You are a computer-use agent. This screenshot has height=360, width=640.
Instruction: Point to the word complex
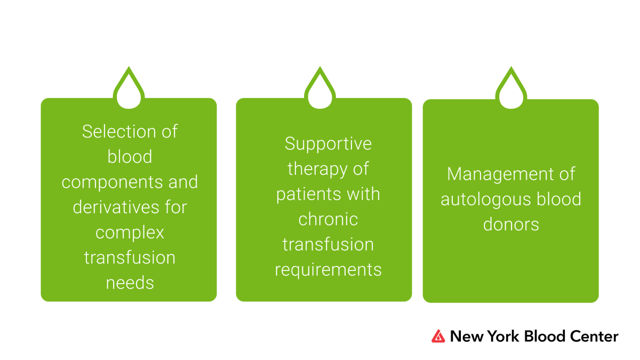coord(130,233)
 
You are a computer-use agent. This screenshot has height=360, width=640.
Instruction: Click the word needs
coord(130,283)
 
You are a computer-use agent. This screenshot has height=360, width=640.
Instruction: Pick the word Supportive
coord(328,143)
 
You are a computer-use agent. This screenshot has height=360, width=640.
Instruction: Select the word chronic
coord(328,219)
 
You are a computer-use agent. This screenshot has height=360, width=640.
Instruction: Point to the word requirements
coord(328,270)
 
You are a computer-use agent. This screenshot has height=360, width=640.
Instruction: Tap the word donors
coord(511,225)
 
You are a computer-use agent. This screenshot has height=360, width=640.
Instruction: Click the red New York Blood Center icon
coord(438,336)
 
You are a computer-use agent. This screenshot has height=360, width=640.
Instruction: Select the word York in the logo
coord(503,337)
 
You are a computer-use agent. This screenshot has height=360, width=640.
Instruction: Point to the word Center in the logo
coord(594,337)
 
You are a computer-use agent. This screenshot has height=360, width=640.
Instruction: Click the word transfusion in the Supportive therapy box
coord(328,245)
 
